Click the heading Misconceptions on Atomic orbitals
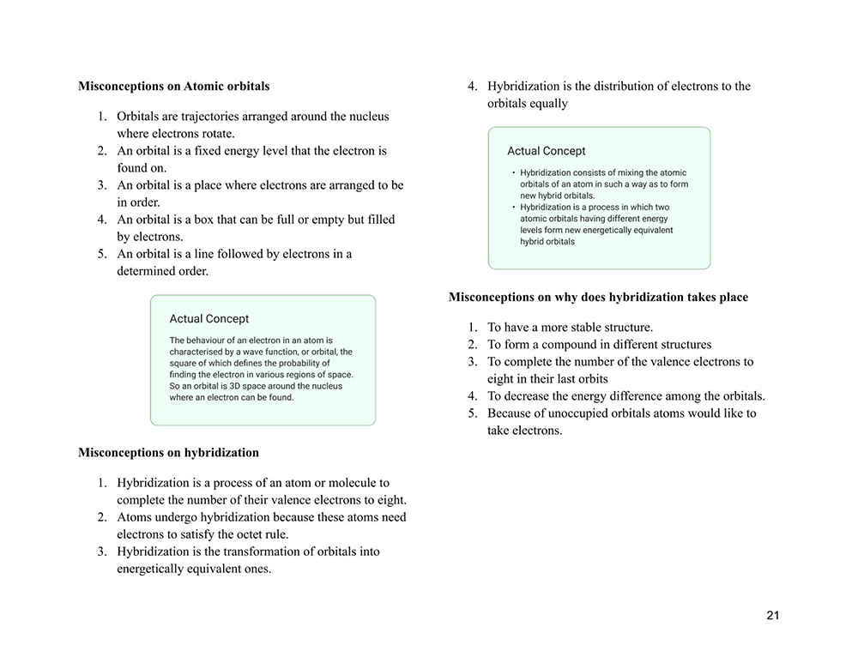coord(173,86)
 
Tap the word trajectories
coord(200,117)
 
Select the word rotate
coord(218,134)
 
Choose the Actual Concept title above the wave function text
coord(209,319)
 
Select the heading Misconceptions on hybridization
coord(168,452)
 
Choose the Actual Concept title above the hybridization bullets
coord(547,151)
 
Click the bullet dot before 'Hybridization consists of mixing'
coord(513,172)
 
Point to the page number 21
coord(773,616)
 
